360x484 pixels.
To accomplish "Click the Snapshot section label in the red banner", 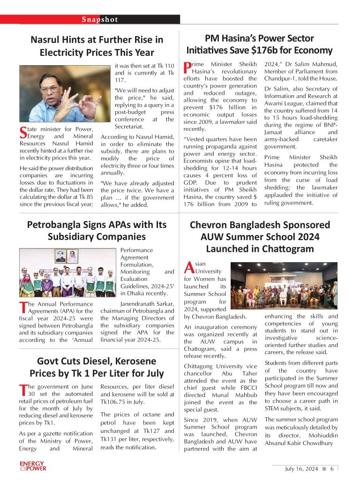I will [100, 20].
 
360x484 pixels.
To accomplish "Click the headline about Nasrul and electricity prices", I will [97, 46].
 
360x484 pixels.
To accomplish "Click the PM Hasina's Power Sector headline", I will [259, 44].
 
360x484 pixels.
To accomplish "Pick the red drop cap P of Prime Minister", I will [187, 67].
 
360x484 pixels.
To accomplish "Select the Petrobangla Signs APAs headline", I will [97, 230].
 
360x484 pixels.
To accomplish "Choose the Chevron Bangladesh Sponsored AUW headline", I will [260, 236].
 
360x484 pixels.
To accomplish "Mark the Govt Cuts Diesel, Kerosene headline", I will [97, 367].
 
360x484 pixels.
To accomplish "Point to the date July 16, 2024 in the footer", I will [301, 469].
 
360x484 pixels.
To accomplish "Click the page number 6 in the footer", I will [331, 469].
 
